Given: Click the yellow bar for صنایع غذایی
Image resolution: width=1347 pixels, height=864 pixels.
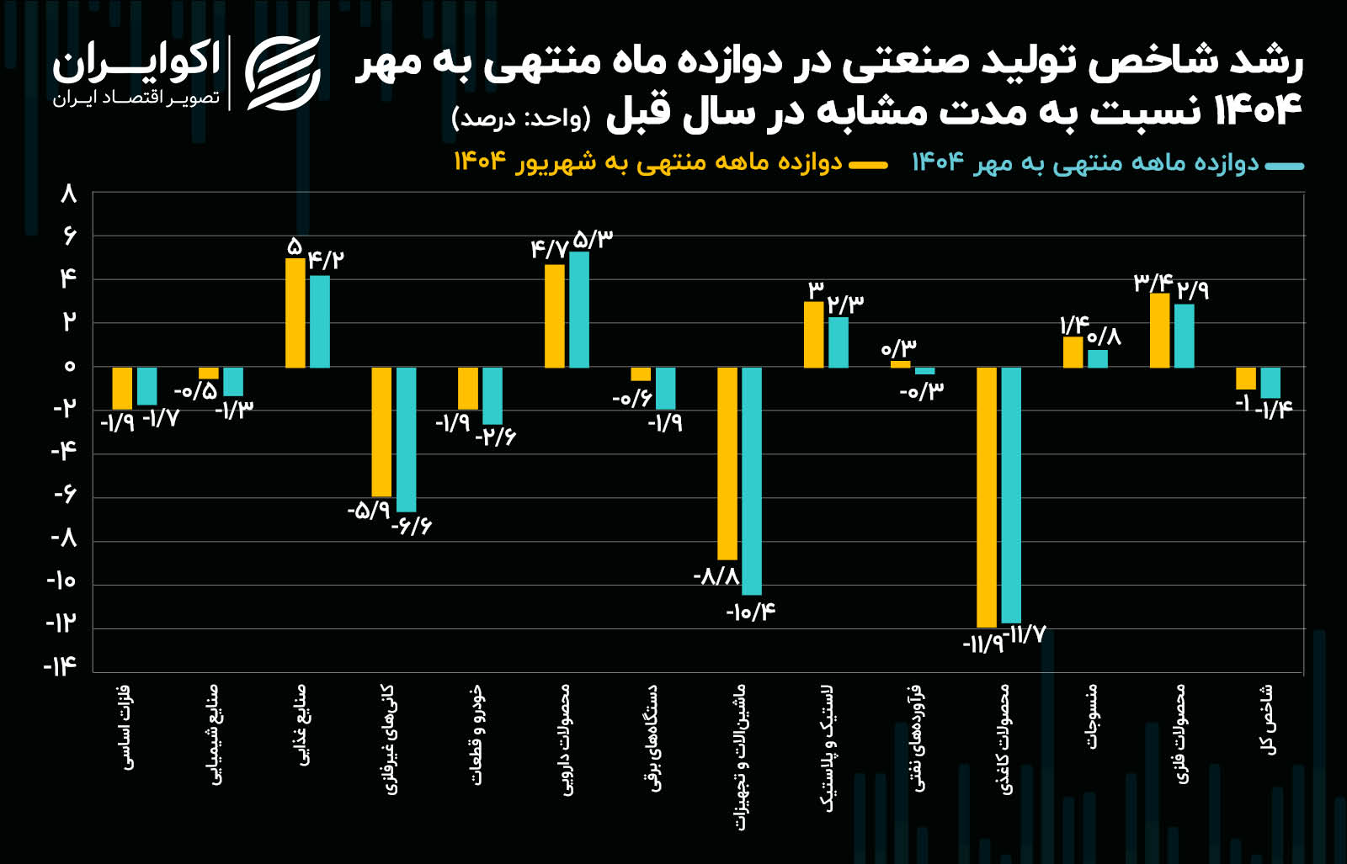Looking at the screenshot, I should point(295,313).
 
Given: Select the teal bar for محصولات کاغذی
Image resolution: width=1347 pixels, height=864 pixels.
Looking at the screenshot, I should point(1011,495).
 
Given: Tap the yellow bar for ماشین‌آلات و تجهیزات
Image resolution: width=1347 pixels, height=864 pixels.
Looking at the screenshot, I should point(727,463).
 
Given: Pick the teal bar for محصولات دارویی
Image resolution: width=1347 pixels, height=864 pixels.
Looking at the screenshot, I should point(579,310).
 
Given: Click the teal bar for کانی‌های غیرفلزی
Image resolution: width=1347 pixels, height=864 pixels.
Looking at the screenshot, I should point(406,439).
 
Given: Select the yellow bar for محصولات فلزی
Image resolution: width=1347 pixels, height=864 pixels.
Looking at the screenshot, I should point(1160,331).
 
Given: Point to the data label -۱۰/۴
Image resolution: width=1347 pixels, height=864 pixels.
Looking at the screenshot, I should point(750,612).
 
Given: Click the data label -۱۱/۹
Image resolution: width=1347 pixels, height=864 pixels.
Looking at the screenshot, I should point(982,645).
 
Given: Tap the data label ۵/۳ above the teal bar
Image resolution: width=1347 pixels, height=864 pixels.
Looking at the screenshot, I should point(593,240).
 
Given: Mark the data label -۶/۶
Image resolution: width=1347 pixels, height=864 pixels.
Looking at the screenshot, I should point(411,527).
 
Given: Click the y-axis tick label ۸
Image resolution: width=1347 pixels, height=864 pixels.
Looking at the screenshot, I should point(68,195).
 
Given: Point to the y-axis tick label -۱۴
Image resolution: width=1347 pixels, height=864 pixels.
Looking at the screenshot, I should point(61,666).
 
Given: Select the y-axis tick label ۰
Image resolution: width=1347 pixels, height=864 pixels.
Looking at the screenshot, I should point(69,366).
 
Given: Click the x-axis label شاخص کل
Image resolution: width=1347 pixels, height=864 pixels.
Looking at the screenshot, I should point(1268,720).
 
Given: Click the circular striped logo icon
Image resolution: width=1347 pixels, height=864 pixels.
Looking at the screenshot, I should point(283,73).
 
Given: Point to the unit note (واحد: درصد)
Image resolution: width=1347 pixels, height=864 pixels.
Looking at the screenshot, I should point(521,118).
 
